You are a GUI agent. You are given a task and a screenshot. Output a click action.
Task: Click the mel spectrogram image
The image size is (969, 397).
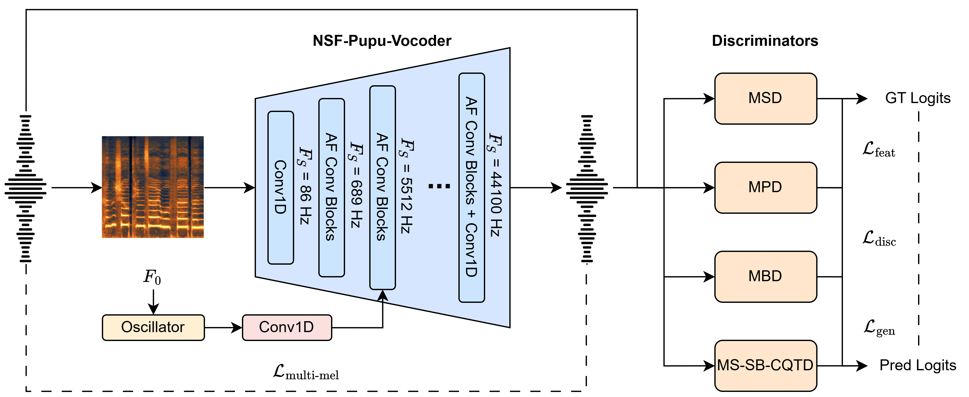pyautogui.click(x=153, y=187)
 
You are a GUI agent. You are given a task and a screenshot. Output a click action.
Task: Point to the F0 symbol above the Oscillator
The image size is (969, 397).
pyautogui.click(x=152, y=277)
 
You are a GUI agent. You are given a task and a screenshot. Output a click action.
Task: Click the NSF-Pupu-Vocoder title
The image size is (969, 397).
pyautogui.click(x=382, y=41)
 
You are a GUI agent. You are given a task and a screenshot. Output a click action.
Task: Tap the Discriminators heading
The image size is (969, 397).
pyautogui.click(x=765, y=41)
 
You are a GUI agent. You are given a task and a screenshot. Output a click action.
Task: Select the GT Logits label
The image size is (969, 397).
pyautogui.click(x=918, y=98)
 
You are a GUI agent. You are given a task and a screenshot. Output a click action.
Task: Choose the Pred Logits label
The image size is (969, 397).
pyautogui.click(x=918, y=365)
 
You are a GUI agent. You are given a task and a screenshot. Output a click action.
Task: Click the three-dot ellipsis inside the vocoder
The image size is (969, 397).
pyautogui.click(x=439, y=186)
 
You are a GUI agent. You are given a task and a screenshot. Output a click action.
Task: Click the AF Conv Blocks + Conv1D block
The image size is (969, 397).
pyautogui.click(x=471, y=187)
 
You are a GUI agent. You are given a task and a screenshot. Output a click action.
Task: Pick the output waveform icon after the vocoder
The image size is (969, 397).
pyautogui.click(x=586, y=188)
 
